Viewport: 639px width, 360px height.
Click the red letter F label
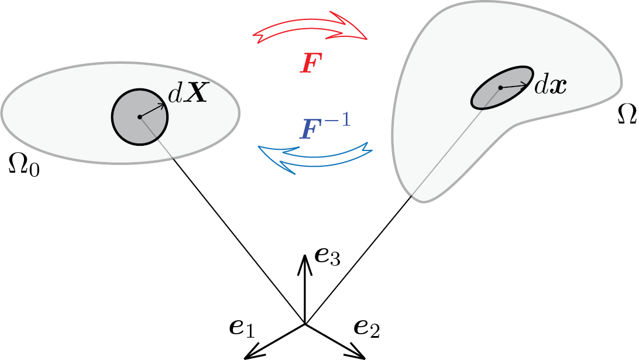click(308, 63)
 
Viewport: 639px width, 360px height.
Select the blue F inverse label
click(324, 129)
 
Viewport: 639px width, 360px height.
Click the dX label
click(188, 94)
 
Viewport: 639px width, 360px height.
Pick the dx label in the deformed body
click(551, 87)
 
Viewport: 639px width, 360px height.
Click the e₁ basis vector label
click(242, 329)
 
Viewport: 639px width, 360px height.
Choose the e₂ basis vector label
click(367, 329)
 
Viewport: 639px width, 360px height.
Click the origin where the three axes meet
click(304, 323)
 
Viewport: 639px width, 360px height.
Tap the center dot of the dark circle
click(139, 117)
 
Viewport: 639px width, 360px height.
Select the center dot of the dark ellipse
click(500, 88)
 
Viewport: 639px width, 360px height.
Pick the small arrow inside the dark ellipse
click(515, 86)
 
